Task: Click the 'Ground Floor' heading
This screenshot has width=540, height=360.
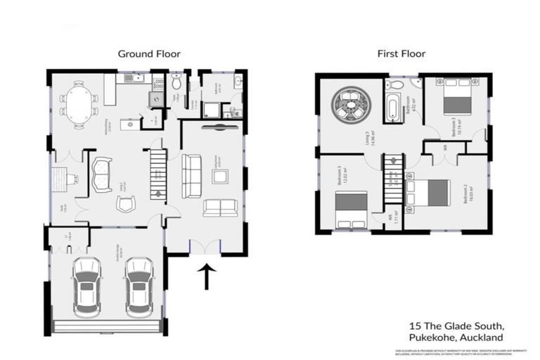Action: tap(149, 53)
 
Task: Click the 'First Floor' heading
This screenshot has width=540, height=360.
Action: tap(401, 53)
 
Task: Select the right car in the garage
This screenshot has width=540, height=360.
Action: tap(139, 285)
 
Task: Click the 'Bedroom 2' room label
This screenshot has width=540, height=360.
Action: tap(465, 194)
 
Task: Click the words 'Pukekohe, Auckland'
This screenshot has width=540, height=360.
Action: tap(456, 338)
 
